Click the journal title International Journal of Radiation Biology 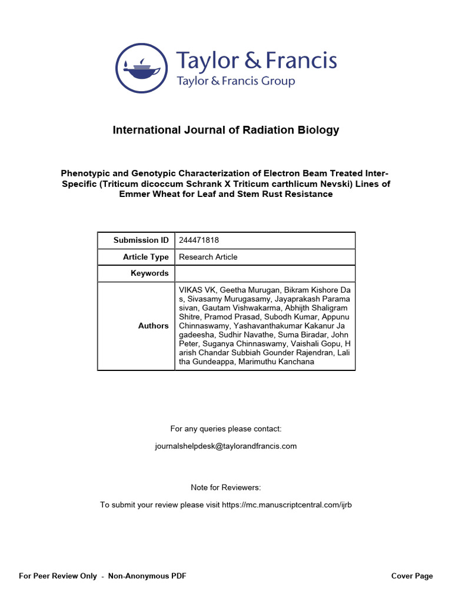click(x=226, y=130)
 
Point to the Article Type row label click(x=145, y=257)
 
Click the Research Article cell click(x=208, y=257)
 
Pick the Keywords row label click(x=149, y=273)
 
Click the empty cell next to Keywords click(x=265, y=273)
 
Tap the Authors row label click(x=153, y=326)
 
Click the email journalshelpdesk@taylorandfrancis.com click(x=226, y=446)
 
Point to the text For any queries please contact click(x=226, y=429)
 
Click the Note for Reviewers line click(x=226, y=487)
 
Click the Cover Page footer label click(x=412, y=576)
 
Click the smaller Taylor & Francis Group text click(x=235, y=81)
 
